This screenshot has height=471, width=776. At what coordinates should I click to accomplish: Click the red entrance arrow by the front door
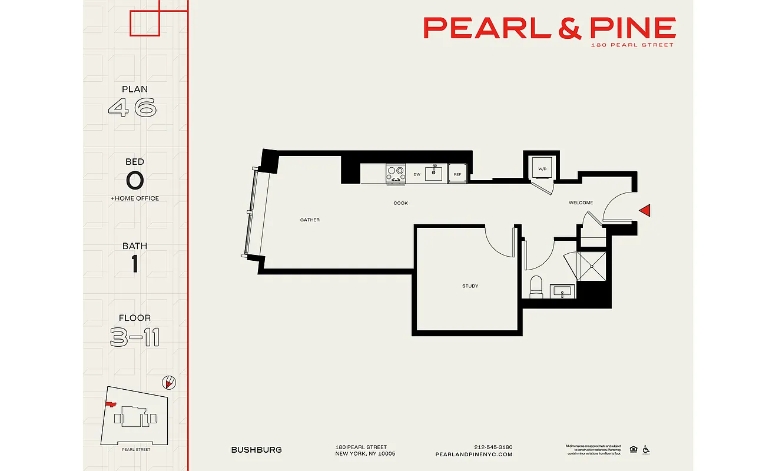pos(645,210)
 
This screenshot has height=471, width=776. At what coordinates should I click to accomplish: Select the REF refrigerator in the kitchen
pos(457,174)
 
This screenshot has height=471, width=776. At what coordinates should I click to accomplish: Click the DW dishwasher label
pos(416,174)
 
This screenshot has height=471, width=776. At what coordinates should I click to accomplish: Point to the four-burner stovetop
pos(396,173)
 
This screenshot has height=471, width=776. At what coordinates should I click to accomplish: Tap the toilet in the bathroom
pos(536,286)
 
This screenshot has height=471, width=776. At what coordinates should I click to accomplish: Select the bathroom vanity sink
pos(563,291)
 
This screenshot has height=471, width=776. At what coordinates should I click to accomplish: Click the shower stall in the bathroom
pos(592,266)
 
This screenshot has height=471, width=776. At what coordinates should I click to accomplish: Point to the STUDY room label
pos(470,286)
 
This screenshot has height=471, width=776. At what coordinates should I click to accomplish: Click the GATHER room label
pos(310,220)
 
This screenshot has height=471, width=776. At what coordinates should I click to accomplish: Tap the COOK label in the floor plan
pos(401,203)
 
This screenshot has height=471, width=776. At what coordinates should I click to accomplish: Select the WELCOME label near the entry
pos(581,203)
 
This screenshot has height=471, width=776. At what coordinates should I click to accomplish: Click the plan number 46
pos(133,108)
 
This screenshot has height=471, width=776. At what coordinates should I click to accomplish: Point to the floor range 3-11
pos(134,337)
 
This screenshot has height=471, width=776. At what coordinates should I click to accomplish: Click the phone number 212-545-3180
pos(493,447)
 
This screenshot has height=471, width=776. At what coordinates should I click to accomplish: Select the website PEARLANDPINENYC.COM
pos(473,455)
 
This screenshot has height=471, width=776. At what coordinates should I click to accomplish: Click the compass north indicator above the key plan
pos(169,383)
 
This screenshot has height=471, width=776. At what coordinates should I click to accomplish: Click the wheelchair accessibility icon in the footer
pos(646,449)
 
